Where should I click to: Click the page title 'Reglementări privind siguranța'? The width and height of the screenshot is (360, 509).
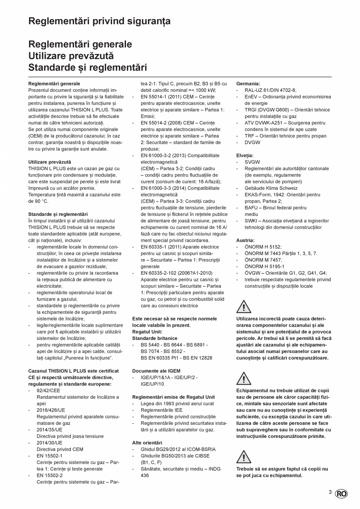tap(99, 21)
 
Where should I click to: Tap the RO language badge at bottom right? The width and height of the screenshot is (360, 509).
tap(341, 494)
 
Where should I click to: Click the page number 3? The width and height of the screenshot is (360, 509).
tap(330, 493)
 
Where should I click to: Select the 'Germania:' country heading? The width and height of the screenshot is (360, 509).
tap(248, 84)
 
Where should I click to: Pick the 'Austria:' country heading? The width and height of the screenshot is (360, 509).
tap(245, 240)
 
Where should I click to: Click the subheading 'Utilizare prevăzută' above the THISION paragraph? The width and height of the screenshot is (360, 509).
tap(50, 162)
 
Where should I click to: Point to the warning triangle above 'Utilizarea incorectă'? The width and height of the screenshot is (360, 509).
tap(244, 307)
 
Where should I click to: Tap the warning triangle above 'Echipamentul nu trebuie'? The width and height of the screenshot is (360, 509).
tap(244, 379)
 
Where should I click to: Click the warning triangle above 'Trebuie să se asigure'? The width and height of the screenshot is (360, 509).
tap(244, 457)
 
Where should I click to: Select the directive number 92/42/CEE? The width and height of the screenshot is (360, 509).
tap(49, 390)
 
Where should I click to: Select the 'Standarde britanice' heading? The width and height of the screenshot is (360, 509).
tap(155, 338)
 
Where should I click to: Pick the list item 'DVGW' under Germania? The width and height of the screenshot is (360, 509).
tap(252, 142)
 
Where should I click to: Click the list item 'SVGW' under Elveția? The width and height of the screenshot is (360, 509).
tap(252, 162)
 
